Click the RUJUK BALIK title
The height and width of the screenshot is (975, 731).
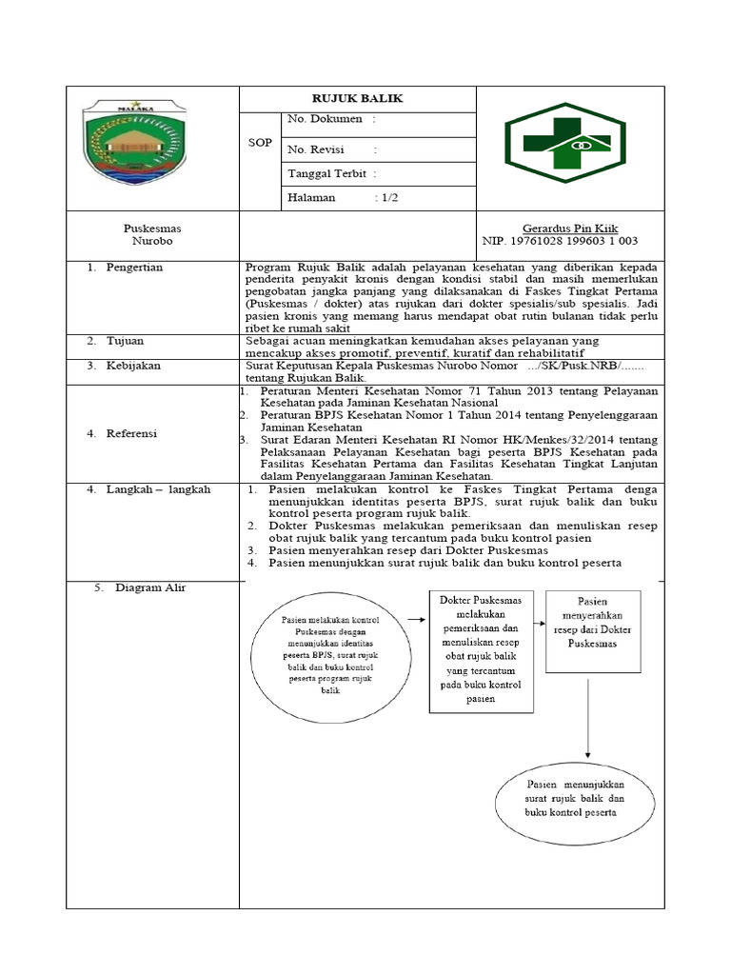point(358,99)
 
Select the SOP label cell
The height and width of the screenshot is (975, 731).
point(259,143)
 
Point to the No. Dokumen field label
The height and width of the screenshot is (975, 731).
point(325,119)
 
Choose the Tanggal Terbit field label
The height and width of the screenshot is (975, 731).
point(327,173)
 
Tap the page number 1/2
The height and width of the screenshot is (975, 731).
point(389,198)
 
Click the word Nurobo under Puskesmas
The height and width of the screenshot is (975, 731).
point(152,242)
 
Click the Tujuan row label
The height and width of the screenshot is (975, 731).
point(127,340)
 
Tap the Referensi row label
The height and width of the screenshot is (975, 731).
point(133,433)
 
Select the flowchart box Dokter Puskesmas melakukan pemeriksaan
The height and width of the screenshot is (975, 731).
point(481,651)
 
